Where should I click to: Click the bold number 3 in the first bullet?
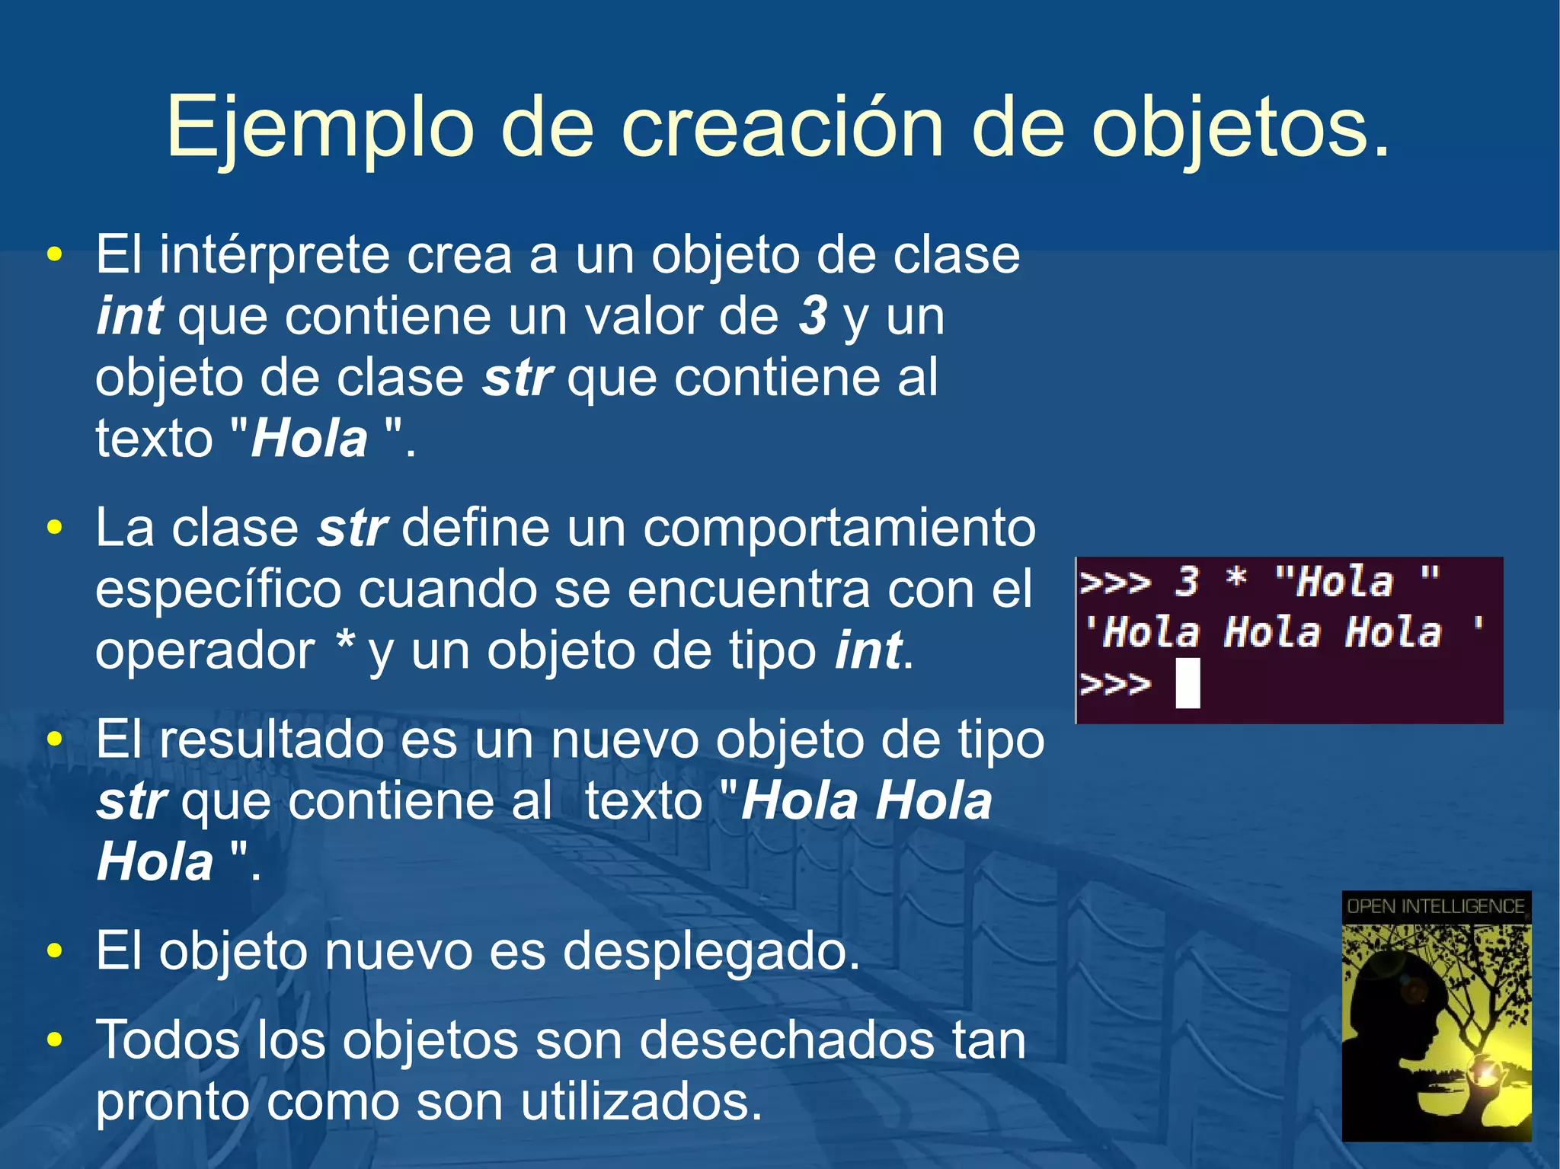pos(813,316)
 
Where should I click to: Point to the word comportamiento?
pos(839,528)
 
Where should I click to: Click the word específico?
pos(218,589)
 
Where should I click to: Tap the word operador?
pos(205,651)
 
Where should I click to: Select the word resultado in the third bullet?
pos(270,739)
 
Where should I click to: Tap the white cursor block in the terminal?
pos(1188,684)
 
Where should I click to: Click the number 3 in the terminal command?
pos(1186,583)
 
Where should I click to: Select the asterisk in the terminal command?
pos(1236,580)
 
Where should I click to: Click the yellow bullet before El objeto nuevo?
pos(54,951)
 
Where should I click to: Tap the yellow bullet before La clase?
pos(54,528)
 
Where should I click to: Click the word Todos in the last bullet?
pos(168,1040)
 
